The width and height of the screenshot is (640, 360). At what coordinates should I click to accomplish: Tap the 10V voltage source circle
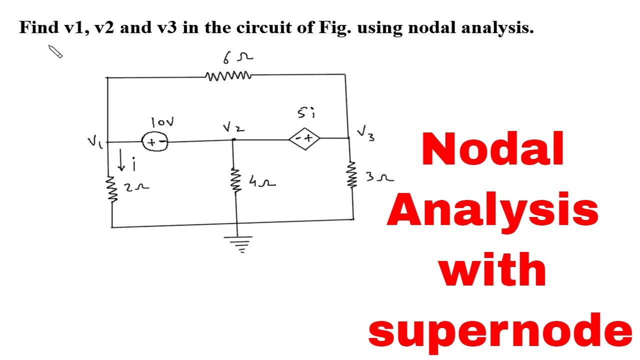click(x=155, y=142)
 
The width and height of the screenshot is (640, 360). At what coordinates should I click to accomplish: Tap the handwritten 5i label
click(x=306, y=114)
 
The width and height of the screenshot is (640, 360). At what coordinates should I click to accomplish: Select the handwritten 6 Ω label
click(x=237, y=58)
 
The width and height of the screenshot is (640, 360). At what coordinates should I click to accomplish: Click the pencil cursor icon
click(x=55, y=51)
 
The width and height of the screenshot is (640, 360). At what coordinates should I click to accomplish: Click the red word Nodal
click(x=493, y=149)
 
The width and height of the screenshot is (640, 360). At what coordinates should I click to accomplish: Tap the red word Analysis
click(x=492, y=210)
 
